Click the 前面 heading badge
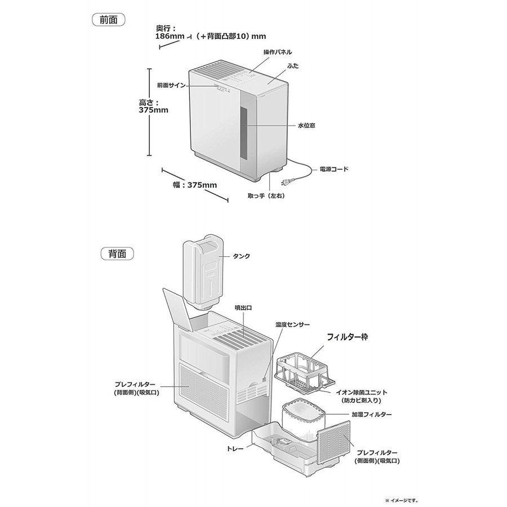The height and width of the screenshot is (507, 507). tap(109, 20)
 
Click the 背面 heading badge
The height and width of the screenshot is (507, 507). tap(117, 253)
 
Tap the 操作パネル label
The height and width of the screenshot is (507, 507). tap(277, 52)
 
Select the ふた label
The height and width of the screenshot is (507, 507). tap(293, 66)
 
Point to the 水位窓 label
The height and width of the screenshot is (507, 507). tap(306, 126)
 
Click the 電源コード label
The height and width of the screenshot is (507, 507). tap(334, 169)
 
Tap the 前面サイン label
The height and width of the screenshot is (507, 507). tap(171, 86)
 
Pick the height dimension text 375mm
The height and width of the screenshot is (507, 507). tap(154, 110)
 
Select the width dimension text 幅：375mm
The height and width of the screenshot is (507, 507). tap(195, 185)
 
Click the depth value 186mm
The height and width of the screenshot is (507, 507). tap(170, 36)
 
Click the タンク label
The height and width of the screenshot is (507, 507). tap(242, 256)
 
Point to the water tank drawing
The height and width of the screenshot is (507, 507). tap(203, 272)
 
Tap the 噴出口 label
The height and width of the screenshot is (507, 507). tap(243, 308)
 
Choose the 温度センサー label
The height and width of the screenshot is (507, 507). tap(292, 324)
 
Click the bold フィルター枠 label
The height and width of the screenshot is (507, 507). tap(347, 337)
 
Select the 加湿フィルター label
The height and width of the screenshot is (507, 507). tap(372, 414)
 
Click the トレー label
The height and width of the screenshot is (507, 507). tap(235, 449)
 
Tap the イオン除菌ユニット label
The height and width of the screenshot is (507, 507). tap(362, 392)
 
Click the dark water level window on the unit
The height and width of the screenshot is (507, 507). tap(243, 133)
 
